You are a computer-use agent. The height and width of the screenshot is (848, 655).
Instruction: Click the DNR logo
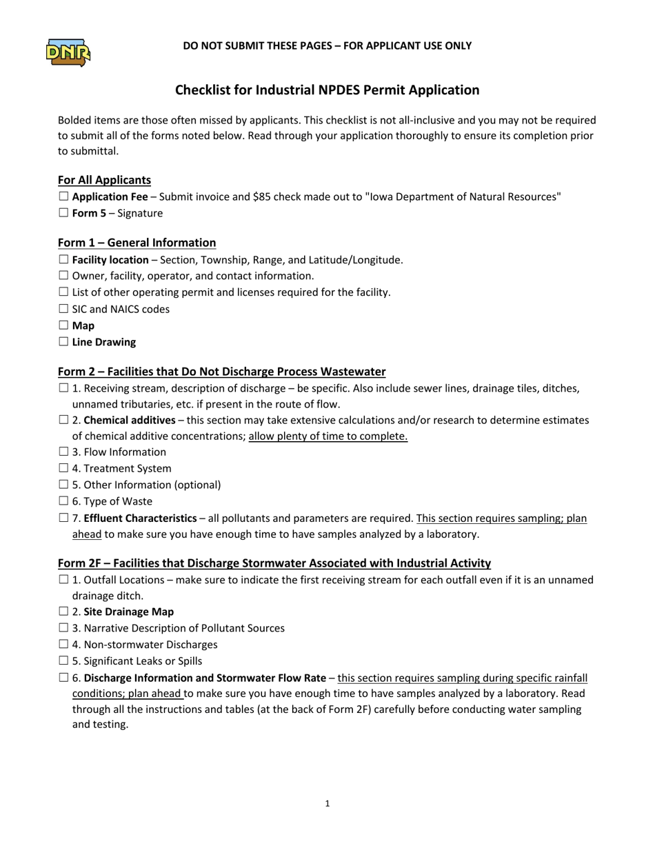pyautogui.click(x=68, y=52)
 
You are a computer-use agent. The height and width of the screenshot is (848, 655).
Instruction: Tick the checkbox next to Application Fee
pyautogui.click(x=63, y=196)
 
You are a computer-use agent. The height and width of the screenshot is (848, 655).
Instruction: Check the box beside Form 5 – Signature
pyautogui.click(x=63, y=213)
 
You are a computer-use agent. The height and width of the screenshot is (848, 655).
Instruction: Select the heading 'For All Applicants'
pyautogui.click(x=104, y=180)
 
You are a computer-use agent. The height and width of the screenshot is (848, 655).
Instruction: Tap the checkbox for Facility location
pyautogui.click(x=63, y=260)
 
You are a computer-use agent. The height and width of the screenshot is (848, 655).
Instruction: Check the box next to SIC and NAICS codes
pyautogui.click(x=63, y=309)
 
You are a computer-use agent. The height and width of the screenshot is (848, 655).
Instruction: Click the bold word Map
pyautogui.click(x=83, y=325)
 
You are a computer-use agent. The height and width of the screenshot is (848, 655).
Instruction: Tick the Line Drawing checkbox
pyautogui.click(x=63, y=342)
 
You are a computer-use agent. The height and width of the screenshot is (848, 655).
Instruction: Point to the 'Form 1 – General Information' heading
pyautogui.click(x=137, y=243)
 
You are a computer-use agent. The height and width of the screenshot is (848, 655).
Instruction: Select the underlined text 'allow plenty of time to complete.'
pyautogui.click(x=328, y=436)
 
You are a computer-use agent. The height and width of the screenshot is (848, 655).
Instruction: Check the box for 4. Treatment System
pyautogui.click(x=63, y=469)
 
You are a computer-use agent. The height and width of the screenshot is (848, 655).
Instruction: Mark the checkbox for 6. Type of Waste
pyautogui.click(x=63, y=501)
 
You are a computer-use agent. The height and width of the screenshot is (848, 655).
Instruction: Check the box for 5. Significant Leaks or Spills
pyautogui.click(x=63, y=661)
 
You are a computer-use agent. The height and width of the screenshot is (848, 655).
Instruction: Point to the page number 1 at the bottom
pyautogui.click(x=327, y=803)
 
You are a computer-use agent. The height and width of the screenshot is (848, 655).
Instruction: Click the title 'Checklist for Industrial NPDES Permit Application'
pyautogui.click(x=327, y=90)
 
